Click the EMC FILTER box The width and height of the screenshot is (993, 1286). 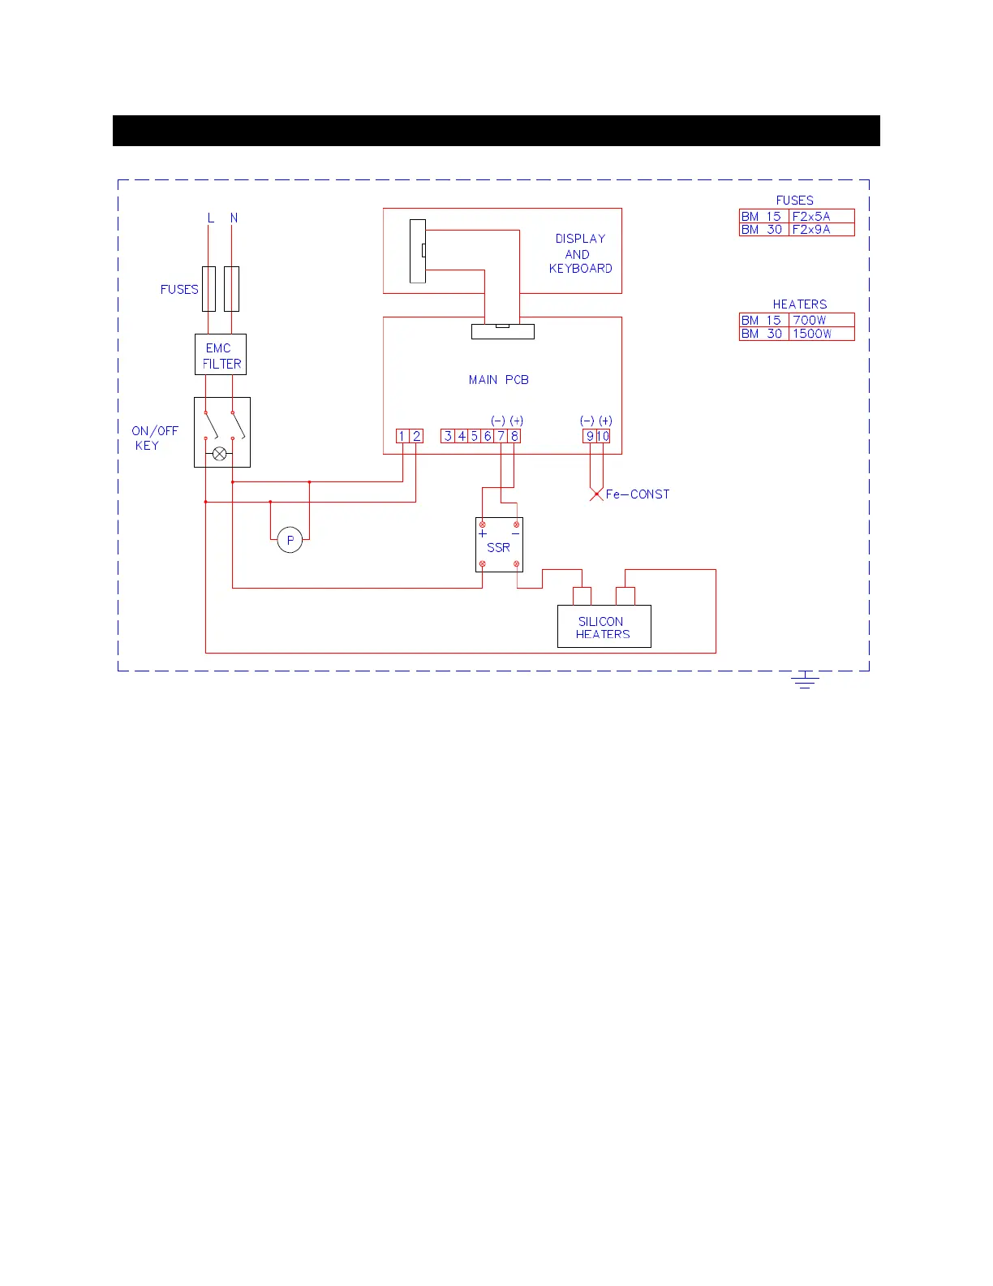221,355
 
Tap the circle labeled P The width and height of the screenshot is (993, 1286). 290,540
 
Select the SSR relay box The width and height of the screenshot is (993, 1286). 499,545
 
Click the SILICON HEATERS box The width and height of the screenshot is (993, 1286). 604,627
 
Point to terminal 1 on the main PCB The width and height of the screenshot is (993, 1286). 402,436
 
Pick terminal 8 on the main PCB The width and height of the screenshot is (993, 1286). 514,436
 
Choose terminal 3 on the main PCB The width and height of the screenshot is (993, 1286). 448,436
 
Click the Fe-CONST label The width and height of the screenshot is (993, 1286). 638,494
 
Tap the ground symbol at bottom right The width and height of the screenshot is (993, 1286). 805,680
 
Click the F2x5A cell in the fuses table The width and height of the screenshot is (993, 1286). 820,217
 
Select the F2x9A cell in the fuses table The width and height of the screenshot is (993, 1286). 820,230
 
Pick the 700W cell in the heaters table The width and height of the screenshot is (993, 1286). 820,321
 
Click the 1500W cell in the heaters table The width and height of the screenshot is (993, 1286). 820,334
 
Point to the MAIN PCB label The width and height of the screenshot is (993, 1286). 499,380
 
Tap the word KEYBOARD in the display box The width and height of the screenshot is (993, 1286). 581,269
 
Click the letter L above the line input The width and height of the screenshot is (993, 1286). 211,218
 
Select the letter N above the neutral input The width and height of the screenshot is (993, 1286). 234,218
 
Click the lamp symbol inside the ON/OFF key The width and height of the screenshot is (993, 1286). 220,454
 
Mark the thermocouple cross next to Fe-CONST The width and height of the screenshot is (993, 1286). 596,494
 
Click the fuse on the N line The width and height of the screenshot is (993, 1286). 232,289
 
